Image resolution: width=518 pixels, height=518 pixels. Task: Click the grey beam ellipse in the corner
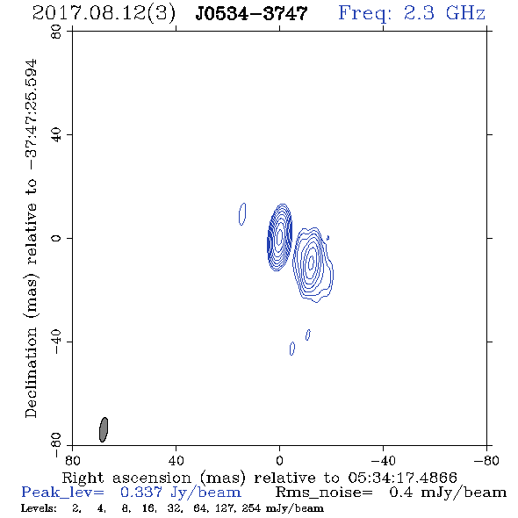pos(104,429)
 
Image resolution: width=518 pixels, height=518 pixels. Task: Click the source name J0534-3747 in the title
pos(251,13)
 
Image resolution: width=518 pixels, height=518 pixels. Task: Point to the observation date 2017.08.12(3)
pos(104,14)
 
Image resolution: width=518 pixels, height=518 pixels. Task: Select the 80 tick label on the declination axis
pos(56,32)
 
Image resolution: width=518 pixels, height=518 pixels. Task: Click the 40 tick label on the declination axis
pos(56,135)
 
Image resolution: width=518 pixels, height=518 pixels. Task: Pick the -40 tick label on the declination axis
pos(56,342)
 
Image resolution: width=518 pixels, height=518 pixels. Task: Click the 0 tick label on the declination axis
pos(56,238)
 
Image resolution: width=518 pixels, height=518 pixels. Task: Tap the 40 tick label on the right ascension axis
pos(176,460)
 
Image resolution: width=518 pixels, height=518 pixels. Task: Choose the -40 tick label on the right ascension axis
pos(383,460)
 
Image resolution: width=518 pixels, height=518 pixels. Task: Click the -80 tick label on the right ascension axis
pos(486,460)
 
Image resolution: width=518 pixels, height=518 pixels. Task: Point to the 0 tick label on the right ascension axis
pos(279,460)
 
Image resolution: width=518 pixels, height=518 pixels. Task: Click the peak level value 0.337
pos(141,493)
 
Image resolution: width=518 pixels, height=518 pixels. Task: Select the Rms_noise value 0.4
pos(401,493)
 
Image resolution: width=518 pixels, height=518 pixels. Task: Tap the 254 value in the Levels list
pos(251,508)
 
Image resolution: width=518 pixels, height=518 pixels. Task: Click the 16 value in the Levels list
pos(147,508)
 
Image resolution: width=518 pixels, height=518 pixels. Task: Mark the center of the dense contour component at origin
pos(279,237)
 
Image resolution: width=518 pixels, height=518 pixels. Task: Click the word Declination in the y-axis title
pos(31,372)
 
